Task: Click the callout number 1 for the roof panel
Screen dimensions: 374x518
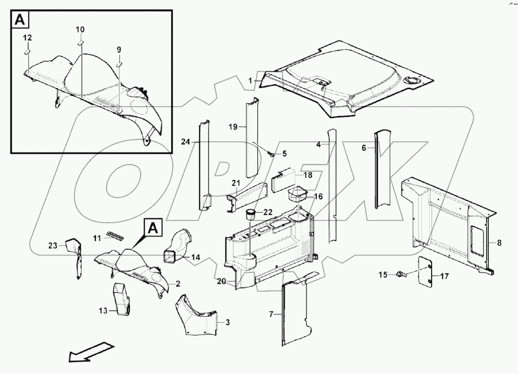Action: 250,81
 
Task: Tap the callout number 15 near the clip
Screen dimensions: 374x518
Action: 382,275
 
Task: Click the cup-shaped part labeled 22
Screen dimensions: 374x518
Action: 250,213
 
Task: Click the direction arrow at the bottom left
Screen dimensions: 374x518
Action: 91,352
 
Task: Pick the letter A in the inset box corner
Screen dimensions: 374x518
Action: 20,20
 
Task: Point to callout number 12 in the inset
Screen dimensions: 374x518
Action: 27,38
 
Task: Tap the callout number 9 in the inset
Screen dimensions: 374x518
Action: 119,50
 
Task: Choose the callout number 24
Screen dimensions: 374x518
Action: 186,141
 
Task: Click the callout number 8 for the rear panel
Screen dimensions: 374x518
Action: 499,244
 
